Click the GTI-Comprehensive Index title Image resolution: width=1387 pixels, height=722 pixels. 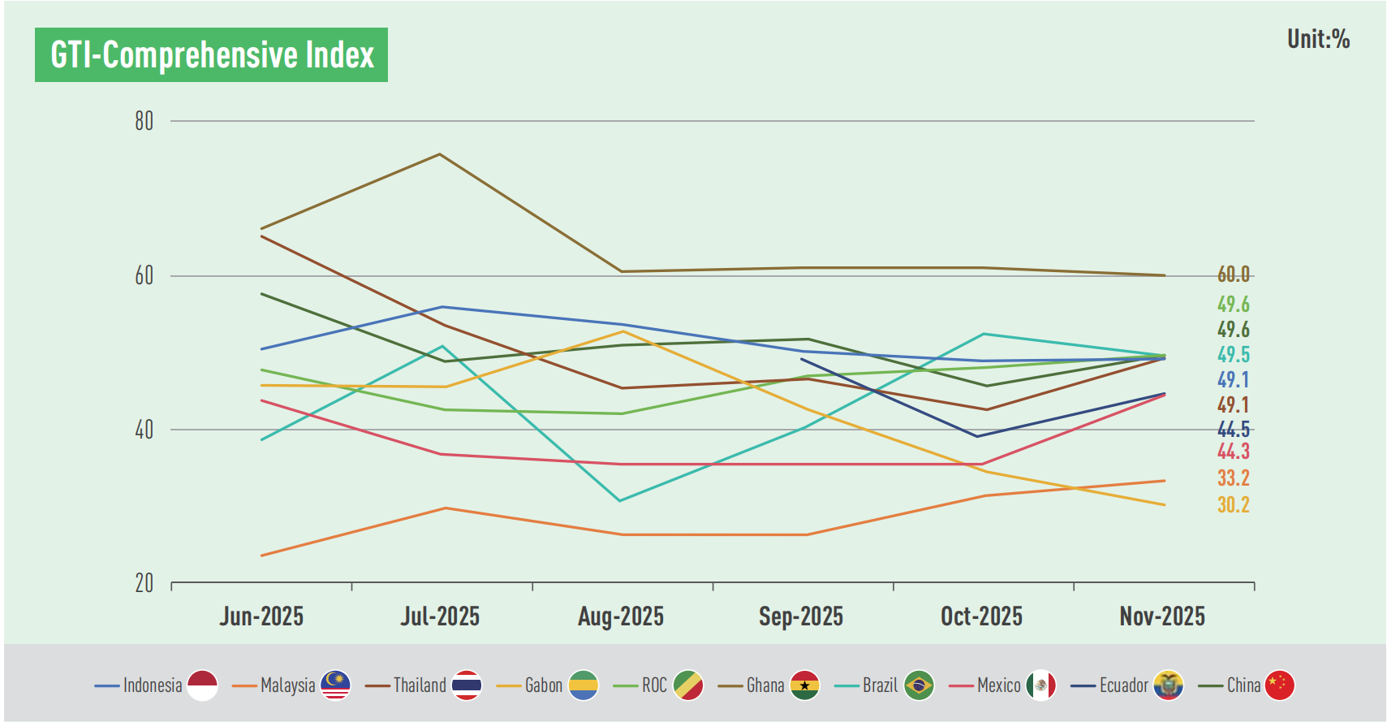click(x=211, y=55)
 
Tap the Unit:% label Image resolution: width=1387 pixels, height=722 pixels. click(x=1318, y=39)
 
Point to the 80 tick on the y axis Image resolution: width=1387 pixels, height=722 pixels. click(x=144, y=121)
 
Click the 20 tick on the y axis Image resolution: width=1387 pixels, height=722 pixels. click(x=144, y=583)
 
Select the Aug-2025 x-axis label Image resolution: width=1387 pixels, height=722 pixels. click(x=621, y=616)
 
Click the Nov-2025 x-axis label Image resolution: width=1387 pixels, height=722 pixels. click(x=1162, y=616)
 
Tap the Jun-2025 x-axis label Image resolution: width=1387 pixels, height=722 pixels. click(x=261, y=616)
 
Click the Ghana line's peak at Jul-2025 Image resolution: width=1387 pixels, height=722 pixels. click(x=440, y=153)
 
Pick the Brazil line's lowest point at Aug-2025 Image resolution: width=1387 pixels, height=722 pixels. click(x=620, y=501)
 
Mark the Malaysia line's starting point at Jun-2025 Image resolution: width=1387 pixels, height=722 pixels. click(x=261, y=556)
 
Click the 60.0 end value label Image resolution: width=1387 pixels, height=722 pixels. click(x=1233, y=275)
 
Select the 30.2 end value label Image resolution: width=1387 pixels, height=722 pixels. click(x=1233, y=505)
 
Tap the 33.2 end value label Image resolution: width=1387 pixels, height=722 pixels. click(x=1233, y=478)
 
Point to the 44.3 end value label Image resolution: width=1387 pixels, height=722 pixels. click(x=1233, y=452)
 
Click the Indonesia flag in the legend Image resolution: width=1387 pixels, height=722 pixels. click(x=202, y=685)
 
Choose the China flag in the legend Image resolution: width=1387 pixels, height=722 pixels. click(x=1280, y=685)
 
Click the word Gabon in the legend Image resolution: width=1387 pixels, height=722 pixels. click(x=543, y=685)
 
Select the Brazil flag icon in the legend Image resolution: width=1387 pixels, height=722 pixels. click(x=919, y=685)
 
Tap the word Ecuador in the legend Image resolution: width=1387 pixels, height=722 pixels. click(x=1123, y=685)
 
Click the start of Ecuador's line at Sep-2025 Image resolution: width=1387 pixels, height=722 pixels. click(x=802, y=359)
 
